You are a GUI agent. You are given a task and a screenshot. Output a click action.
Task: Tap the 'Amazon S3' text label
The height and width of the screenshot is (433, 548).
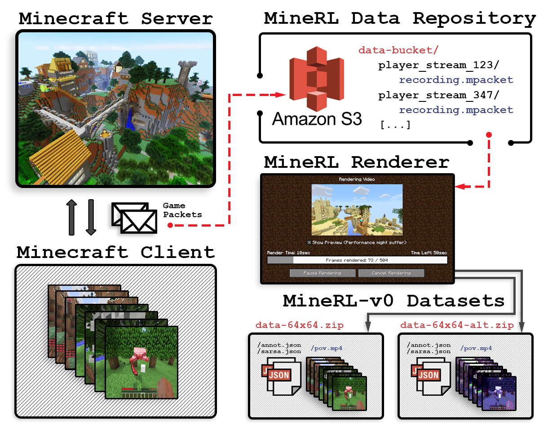point(317,119)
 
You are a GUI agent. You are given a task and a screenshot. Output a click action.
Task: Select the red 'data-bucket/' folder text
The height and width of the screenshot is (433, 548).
point(398,50)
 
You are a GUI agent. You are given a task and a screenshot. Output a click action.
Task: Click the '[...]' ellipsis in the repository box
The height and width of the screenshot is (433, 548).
point(395,125)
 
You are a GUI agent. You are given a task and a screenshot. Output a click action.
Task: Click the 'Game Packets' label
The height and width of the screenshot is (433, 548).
point(182,210)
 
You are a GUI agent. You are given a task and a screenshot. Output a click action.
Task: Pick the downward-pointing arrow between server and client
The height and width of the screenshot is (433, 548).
point(91,217)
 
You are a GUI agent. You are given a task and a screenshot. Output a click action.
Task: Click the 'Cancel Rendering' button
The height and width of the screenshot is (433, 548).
point(391,273)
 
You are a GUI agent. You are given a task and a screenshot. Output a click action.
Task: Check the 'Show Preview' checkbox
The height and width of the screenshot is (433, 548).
point(309,242)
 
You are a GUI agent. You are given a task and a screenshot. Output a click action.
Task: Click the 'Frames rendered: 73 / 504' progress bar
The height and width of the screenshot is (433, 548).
point(357,260)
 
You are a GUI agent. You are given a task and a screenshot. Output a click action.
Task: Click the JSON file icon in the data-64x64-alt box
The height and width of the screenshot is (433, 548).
point(428,375)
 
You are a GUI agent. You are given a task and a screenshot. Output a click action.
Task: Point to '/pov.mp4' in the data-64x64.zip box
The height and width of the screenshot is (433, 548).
point(327,348)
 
